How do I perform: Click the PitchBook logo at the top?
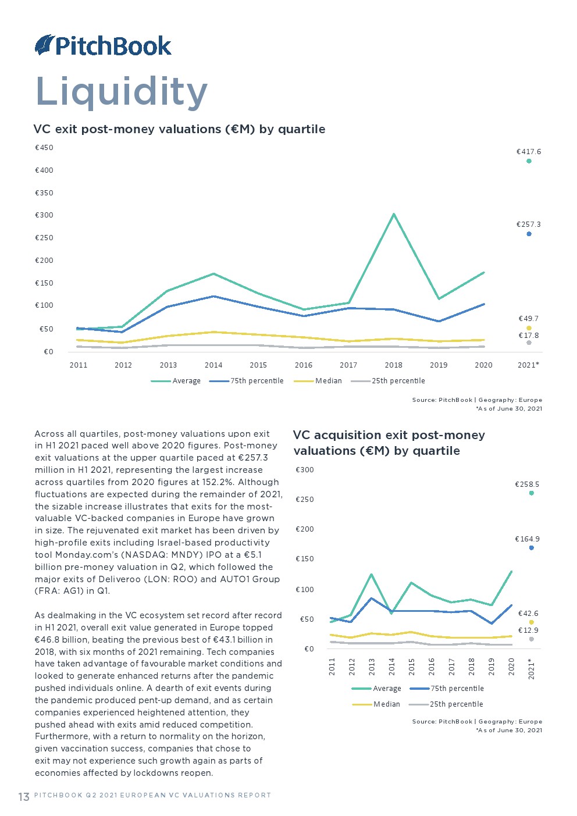pos(104,45)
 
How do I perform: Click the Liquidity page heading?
pos(122,91)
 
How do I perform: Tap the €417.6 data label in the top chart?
pos(529,152)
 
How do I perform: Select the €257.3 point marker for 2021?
pos(529,234)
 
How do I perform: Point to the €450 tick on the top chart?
pos(44,148)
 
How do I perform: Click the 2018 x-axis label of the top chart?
pos(394,365)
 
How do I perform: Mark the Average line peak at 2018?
pos(394,214)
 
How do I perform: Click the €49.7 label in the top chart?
pos(529,319)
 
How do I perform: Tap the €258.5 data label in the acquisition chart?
pos(527,484)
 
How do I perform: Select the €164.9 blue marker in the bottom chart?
pos(531,548)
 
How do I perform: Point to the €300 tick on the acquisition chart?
pos(305,470)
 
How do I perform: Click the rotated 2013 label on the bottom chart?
pos(372,667)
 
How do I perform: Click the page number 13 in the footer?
pos(24,796)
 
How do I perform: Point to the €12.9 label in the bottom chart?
pos(529,630)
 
